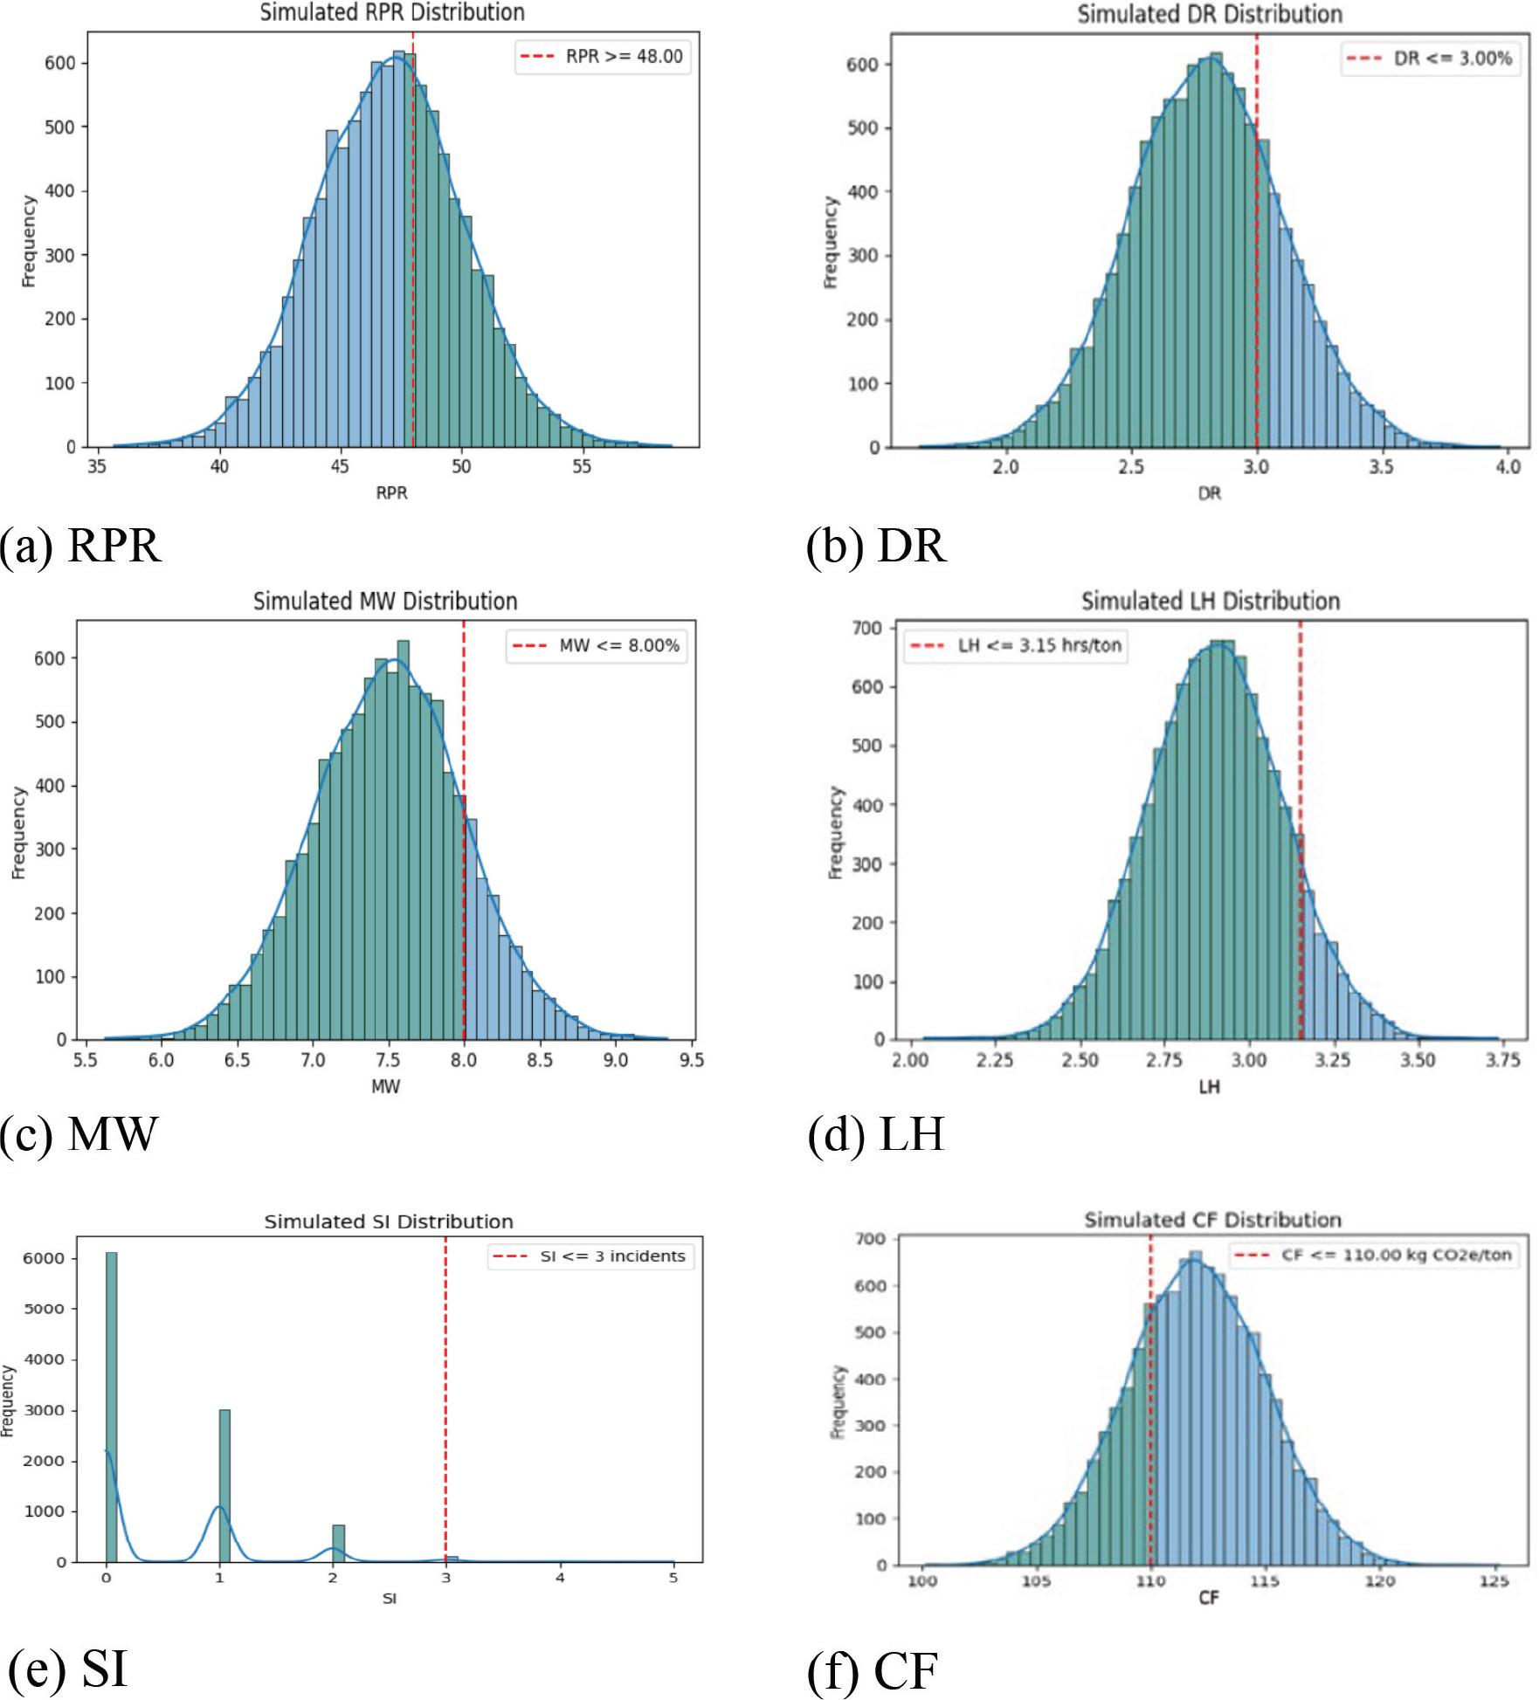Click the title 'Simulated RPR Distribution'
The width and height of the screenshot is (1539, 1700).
pyautogui.click(x=392, y=12)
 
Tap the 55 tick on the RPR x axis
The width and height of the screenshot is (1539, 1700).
pyautogui.click(x=582, y=467)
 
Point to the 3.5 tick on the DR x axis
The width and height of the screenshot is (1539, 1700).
pyautogui.click(x=1381, y=467)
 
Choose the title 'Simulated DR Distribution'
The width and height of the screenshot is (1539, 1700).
pyautogui.click(x=1210, y=14)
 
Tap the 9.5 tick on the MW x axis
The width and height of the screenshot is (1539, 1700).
pyautogui.click(x=691, y=1060)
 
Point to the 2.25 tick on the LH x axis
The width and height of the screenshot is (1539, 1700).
pyautogui.click(x=995, y=1060)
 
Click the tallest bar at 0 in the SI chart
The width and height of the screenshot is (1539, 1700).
pyautogui.click(x=111, y=1406)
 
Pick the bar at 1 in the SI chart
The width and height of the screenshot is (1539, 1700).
pyautogui.click(x=224, y=1484)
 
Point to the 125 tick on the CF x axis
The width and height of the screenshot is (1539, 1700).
pyautogui.click(x=1495, y=1581)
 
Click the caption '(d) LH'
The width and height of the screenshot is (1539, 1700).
pyautogui.click(x=876, y=1135)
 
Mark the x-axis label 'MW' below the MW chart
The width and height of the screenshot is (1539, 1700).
pyautogui.click(x=386, y=1086)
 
